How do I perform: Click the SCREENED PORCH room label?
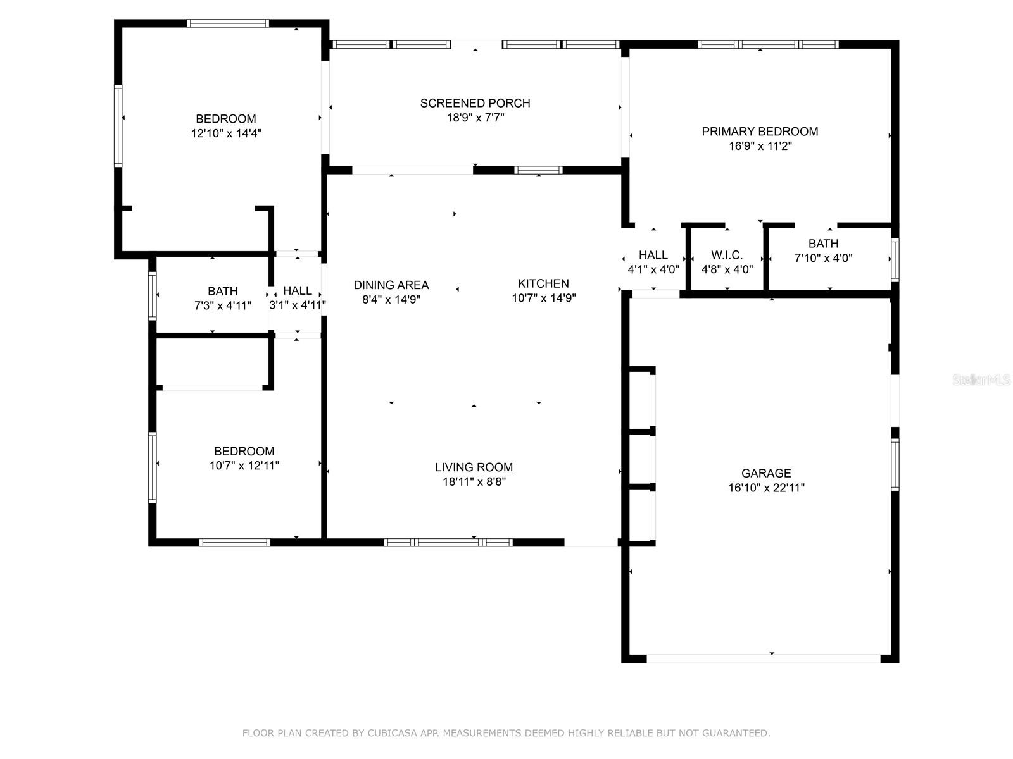point(475,103)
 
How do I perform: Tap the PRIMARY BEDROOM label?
point(760,132)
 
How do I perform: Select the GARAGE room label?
point(766,473)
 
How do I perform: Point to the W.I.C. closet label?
point(727,256)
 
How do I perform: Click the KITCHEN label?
point(543,283)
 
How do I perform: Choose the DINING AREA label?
point(391,285)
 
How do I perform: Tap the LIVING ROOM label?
point(474,467)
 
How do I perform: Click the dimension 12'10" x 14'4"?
point(226,133)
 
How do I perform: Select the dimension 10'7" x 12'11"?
point(244,466)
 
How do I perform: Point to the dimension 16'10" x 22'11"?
point(766,488)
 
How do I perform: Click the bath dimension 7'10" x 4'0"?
point(823,258)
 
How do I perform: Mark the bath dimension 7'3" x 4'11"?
point(222,305)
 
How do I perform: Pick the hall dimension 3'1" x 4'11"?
point(297,305)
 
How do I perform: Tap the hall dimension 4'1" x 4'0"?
point(653,269)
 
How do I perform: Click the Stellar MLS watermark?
point(981,380)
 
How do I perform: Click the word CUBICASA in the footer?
point(392,732)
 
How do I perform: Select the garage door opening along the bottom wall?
point(764,659)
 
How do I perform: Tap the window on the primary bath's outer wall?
point(895,260)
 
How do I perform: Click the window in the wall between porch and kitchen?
point(538,170)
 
